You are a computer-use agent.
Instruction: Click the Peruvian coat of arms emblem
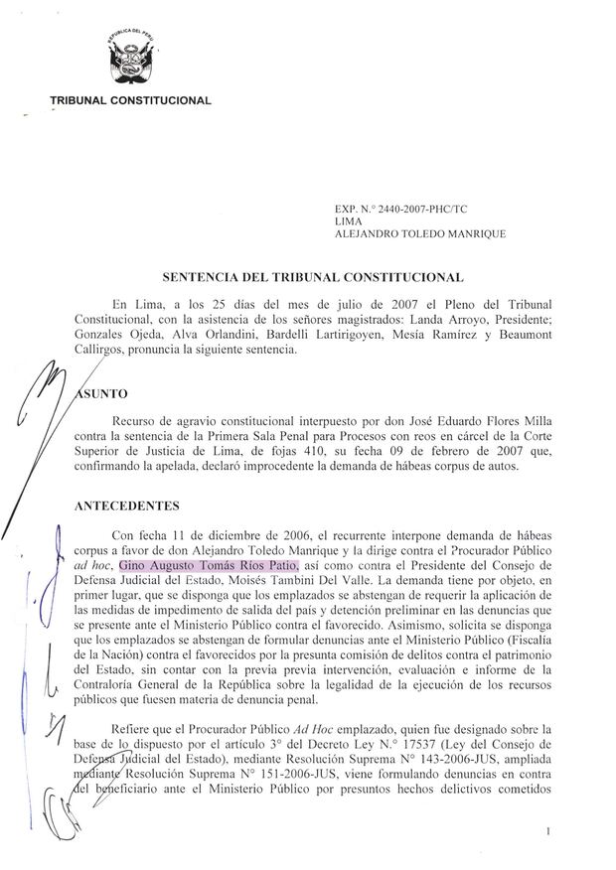[130, 62]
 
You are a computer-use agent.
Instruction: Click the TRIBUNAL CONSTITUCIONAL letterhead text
[130, 100]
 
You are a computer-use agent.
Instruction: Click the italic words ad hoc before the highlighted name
[93, 563]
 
